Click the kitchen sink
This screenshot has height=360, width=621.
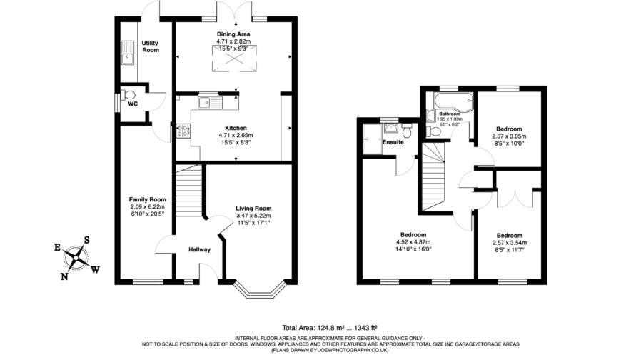211,102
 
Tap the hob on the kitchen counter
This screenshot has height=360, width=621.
182,131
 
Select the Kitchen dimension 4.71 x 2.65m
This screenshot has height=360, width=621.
235,135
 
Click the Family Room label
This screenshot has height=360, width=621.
147,199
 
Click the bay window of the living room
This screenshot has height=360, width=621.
258,290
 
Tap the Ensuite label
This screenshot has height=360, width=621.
393,143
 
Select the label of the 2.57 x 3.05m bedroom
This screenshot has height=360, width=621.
509,129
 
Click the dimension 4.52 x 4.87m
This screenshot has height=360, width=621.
413,242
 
